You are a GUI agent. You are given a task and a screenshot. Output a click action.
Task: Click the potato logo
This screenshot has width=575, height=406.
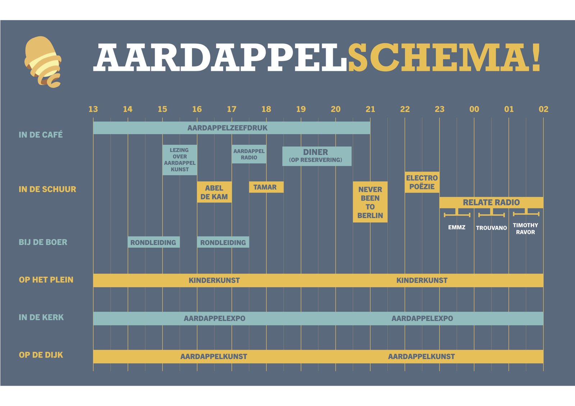43,62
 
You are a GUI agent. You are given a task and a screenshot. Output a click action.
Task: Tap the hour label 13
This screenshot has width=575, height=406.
93,109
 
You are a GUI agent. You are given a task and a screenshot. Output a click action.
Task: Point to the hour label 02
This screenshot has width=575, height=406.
543,109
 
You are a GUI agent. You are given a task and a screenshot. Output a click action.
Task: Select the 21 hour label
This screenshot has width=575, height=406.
370,109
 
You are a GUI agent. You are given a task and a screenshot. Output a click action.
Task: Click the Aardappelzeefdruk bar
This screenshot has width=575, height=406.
231,128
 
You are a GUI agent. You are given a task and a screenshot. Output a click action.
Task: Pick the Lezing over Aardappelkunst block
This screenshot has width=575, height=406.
180,160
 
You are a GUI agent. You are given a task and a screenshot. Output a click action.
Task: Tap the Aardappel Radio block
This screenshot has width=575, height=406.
249,154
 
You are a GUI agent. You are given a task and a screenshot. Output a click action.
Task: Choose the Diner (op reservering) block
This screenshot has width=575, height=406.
317,156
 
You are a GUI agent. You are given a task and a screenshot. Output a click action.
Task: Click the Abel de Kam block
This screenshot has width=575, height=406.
214,192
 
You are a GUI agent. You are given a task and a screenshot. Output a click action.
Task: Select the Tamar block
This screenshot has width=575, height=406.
266,187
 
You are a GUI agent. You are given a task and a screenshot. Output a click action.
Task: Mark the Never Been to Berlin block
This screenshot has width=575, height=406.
370,202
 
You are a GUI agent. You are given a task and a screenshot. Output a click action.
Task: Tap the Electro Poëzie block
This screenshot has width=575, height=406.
422,182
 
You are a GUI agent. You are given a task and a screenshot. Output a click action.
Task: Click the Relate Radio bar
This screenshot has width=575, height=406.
491,202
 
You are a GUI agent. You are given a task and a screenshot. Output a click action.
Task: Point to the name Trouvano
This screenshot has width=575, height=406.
491,228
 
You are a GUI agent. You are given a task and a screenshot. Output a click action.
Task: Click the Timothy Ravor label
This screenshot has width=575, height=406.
525,229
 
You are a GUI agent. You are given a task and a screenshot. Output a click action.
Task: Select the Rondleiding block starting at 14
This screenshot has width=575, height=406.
153,242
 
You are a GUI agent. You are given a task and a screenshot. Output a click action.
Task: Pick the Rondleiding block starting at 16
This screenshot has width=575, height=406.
223,242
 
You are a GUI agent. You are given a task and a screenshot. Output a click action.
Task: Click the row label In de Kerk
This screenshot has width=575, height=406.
41,317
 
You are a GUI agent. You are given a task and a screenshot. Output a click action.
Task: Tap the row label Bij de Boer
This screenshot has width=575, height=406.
43,242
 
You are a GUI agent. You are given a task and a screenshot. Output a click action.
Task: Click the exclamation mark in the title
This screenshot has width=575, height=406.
536,57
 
